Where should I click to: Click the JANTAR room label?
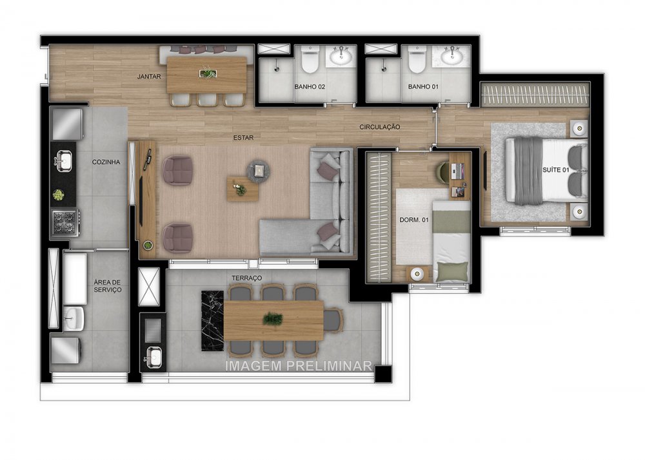pos(149,77)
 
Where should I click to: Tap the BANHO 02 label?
pos(309,86)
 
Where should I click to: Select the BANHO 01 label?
pos(422,86)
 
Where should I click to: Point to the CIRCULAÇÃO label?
pos(380,128)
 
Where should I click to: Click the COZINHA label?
pos(106,162)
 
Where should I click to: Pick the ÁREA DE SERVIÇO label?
pos(107,286)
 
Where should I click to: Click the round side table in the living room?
pos(258,170)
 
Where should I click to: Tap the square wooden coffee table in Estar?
pos(242,189)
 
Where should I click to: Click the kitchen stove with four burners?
pos(65,222)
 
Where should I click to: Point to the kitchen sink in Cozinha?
pos(64,160)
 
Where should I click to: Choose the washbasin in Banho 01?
pos(455,57)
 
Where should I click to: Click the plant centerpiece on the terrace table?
pos(273,318)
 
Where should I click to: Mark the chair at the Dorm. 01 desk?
pos(444,170)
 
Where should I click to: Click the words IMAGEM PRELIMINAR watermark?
pos(298,366)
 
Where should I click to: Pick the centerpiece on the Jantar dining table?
pos(207,73)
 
